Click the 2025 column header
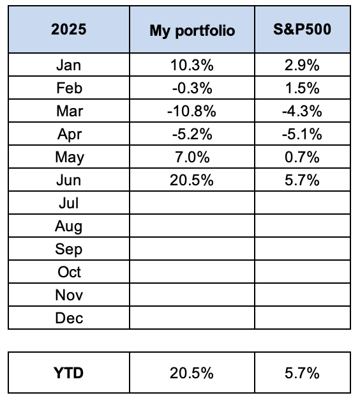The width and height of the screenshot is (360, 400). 68,29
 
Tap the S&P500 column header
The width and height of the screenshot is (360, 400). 302,29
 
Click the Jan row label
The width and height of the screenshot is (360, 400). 68,65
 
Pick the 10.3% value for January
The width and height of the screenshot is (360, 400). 192,65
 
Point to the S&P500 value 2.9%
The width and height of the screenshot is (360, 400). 302,65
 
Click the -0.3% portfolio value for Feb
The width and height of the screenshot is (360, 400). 192,88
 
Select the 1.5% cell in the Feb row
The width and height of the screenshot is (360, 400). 302,88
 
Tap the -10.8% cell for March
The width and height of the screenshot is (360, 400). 192,111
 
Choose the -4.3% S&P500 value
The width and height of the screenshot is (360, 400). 302,111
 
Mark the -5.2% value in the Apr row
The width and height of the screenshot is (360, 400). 192,134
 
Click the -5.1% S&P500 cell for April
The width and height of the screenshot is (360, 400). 302,134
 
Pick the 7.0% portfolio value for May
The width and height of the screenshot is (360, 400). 192,157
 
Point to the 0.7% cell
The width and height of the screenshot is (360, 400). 302,157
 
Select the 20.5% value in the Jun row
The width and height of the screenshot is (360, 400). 192,180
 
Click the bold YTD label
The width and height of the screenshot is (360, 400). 68,373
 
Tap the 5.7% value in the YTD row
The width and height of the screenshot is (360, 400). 302,373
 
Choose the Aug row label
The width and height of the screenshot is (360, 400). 68,227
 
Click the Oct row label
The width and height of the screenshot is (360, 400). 69,272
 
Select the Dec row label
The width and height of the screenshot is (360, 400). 69,318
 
